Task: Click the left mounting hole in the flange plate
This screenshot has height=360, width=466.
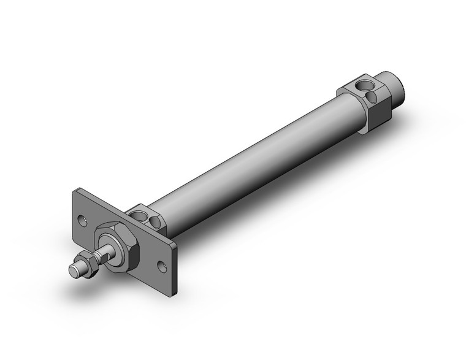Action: click(83, 220)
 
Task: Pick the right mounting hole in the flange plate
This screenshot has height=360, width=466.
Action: click(162, 265)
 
